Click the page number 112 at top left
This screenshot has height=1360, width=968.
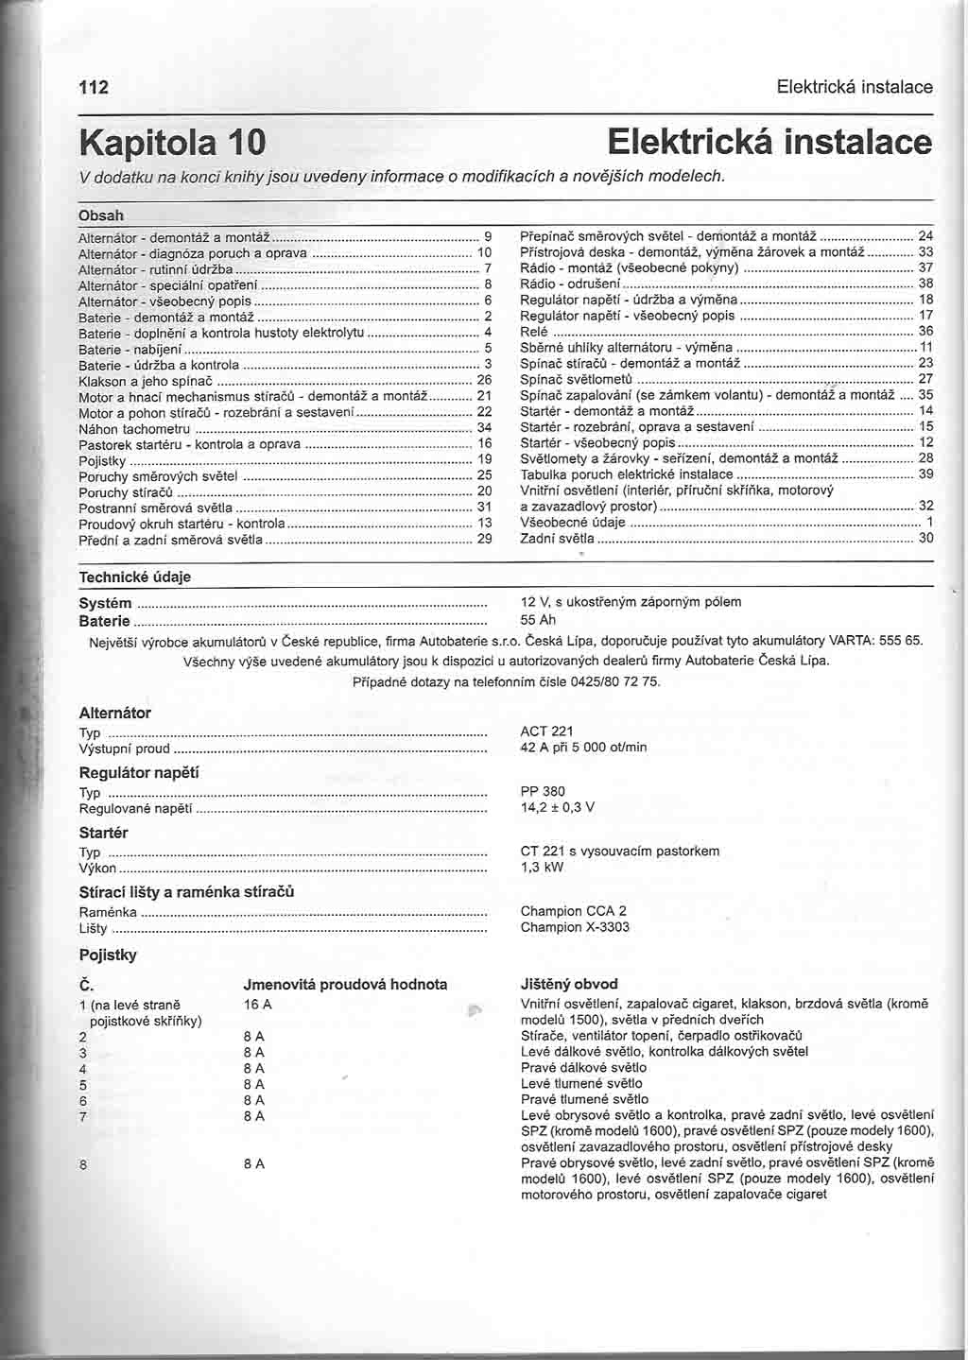(x=94, y=88)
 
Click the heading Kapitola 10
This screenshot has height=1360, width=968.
(x=172, y=143)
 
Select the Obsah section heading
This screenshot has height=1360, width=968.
(x=100, y=215)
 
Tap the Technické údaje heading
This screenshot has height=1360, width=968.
(x=134, y=577)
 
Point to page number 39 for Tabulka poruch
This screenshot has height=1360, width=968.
(x=925, y=474)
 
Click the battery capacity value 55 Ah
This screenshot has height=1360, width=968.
(x=538, y=620)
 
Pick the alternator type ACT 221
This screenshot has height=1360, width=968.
(x=546, y=731)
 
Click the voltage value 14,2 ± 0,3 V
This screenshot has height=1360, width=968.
(x=557, y=808)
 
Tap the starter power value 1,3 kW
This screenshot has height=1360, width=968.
(x=542, y=867)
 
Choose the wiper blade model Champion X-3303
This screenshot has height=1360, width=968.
(x=574, y=927)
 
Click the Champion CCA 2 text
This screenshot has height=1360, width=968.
(x=573, y=911)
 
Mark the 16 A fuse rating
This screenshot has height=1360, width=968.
(x=257, y=1004)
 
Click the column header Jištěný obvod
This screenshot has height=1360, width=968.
(x=569, y=984)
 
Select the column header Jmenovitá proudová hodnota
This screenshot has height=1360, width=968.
(x=345, y=984)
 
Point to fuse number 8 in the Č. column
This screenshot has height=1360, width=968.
(x=83, y=1164)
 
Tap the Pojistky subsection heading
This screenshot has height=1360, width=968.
(x=108, y=955)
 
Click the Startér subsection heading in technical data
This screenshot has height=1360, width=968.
(x=103, y=833)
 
